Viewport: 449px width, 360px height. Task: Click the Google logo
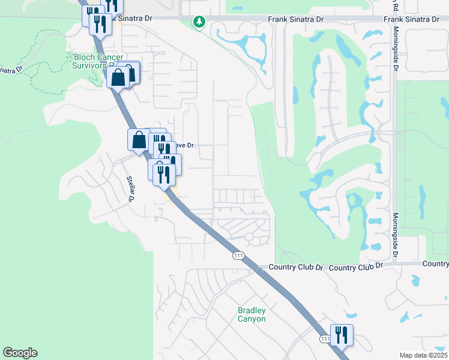coord(20,353)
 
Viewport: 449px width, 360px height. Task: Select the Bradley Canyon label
coord(252,314)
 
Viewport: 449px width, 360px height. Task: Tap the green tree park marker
coord(199,22)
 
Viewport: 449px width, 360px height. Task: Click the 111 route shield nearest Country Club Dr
coord(238,256)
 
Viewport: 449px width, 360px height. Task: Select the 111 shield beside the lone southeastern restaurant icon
coord(325,340)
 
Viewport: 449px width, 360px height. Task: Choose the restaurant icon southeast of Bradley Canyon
coord(342,335)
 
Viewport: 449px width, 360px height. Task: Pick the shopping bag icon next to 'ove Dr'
coord(139,140)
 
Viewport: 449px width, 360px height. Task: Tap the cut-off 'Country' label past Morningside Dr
coord(436,263)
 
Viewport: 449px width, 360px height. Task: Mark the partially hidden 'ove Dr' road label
coord(185,145)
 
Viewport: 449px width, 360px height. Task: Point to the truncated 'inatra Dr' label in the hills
coord(11,68)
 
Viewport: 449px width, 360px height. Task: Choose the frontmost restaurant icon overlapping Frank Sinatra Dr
coord(99,24)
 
